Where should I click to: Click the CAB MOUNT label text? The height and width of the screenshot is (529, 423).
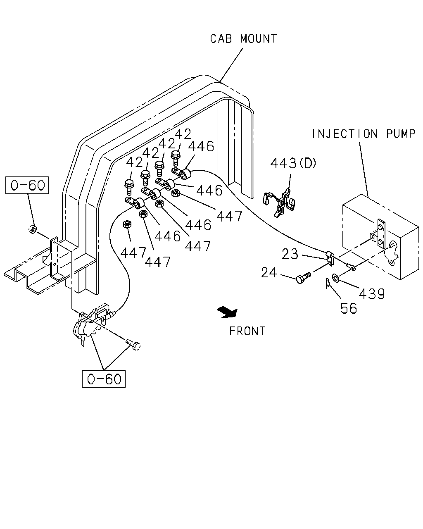click(x=243, y=39)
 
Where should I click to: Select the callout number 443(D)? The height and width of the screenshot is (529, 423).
click(x=293, y=163)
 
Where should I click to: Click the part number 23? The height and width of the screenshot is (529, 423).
click(x=290, y=254)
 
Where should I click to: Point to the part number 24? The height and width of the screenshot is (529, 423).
click(x=269, y=273)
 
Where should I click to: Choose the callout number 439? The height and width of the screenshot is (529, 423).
click(x=372, y=293)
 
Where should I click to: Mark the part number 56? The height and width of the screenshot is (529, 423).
click(x=349, y=308)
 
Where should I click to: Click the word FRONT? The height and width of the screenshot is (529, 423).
click(x=247, y=331)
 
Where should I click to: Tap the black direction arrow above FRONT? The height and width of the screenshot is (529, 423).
click(x=228, y=313)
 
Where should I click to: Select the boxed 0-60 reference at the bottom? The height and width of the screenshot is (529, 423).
click(x=103, y=379)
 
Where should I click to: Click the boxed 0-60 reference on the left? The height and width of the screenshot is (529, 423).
click(x=27, y=185)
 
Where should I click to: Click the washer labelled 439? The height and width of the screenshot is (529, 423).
click(x=335, y=278)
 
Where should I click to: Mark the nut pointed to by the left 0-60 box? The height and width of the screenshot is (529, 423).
click(x=33, y=229)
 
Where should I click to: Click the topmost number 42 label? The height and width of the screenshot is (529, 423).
click(x=183, y=134)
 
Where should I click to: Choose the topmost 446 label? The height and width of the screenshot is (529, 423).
click(x=201, y=146)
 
